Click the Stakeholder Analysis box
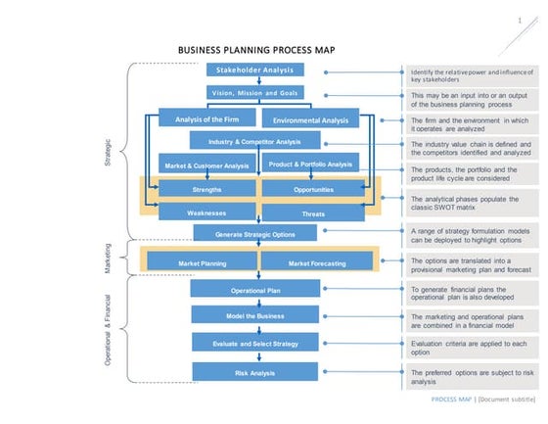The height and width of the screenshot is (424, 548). pyautogui.click(x=254, y=71)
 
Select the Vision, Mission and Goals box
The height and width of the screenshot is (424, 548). pyautogui.click(x=254, y=93)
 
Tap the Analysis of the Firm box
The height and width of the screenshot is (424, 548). pyautogui.click(x=202, y=119)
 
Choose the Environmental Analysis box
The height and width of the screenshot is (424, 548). pyautogui.click(x=310, y=120)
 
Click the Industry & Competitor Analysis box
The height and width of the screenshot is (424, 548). pyautogui.click(x=254, y=142)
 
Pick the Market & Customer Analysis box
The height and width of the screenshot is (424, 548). pyautogui.click(x=206, y=165)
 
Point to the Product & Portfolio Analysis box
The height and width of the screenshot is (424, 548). pyautogui.click(x=310, y=165)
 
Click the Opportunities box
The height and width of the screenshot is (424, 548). pyautogui.click(x=313, y=189)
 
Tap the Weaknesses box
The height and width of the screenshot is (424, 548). pyautogui.click(x=206, y=212)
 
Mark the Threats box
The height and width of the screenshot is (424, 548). pyautogui.click(x=313, y=212)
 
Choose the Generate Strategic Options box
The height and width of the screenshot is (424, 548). pyautogui.click(x=254, y=233)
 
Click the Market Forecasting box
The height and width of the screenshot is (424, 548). pyautogui.click(x=316, y=263)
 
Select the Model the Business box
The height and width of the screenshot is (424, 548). pyautogui.click(x=254, y=316)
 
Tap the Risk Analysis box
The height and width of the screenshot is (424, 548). pyautogui.click(x=254, y=372)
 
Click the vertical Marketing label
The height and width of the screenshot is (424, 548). pyautogui.click(x=107, y=259)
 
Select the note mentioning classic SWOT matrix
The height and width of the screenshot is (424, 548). pyautogui.click(x=470, y=200)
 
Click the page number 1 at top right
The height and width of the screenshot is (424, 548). pyautogui.click(x=519, y=20)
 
